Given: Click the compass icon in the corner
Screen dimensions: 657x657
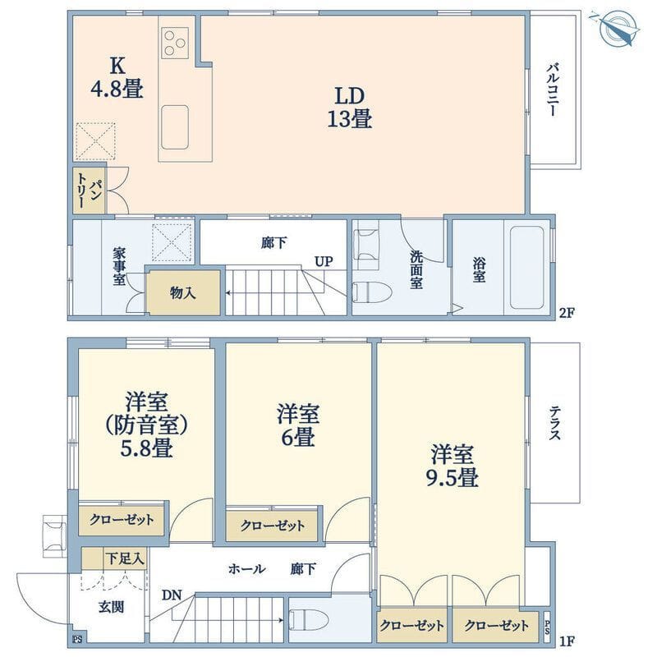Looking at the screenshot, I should [x=618, y=29].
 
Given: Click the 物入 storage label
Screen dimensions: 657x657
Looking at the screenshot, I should [x=183, y=293].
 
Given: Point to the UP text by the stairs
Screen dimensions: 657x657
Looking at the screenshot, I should [x=323, y=262].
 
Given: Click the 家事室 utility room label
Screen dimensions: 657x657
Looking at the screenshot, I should [x=119, y=268].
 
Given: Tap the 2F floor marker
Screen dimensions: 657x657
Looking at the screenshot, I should [x=566, y=313].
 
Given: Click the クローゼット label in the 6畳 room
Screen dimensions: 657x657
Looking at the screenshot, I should [x=274, y=526].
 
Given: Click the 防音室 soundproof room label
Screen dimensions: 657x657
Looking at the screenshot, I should [x=149, y=425].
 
